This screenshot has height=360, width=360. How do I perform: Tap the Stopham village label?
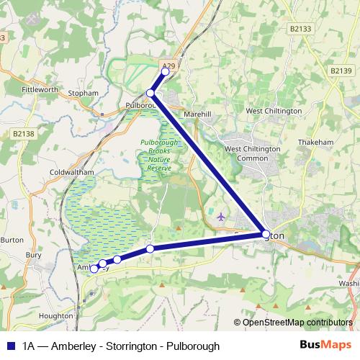pos(83,94)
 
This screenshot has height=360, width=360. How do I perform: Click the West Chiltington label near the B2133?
pos(274,111)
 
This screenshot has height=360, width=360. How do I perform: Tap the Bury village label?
pos(34,254)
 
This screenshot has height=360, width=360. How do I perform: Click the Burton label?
pos(12,239)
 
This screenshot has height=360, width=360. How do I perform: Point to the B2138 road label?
pos(24,133)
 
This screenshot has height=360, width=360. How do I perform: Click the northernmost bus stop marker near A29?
pos(165,71)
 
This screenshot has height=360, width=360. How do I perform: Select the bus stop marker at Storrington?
pos(266,235)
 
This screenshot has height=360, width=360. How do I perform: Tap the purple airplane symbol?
pos(220,216)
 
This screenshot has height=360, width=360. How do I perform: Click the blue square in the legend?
pos(12,346)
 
